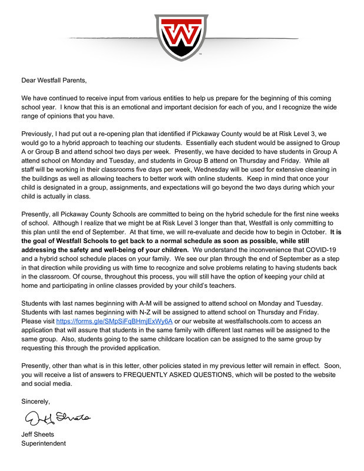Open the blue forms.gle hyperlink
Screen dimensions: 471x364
click(x=114, y=322)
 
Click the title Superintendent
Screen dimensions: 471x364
click(x=44, y=444)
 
